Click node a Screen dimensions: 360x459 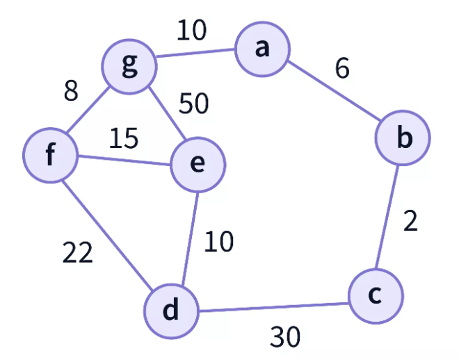[261, 50]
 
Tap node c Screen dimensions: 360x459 [376, 295]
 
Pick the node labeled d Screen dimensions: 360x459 [171, 311]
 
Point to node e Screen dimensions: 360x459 [198, 164]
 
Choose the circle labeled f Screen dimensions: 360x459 [50, 156]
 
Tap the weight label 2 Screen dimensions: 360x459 [410, 221]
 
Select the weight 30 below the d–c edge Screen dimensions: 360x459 [285, 337]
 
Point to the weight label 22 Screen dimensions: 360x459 [77, 254]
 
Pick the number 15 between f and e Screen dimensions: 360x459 [123, 138]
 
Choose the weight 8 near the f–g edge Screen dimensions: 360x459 [71, 92]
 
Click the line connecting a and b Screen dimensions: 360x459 [332, 94]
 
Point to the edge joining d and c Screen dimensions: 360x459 [273, 306]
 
